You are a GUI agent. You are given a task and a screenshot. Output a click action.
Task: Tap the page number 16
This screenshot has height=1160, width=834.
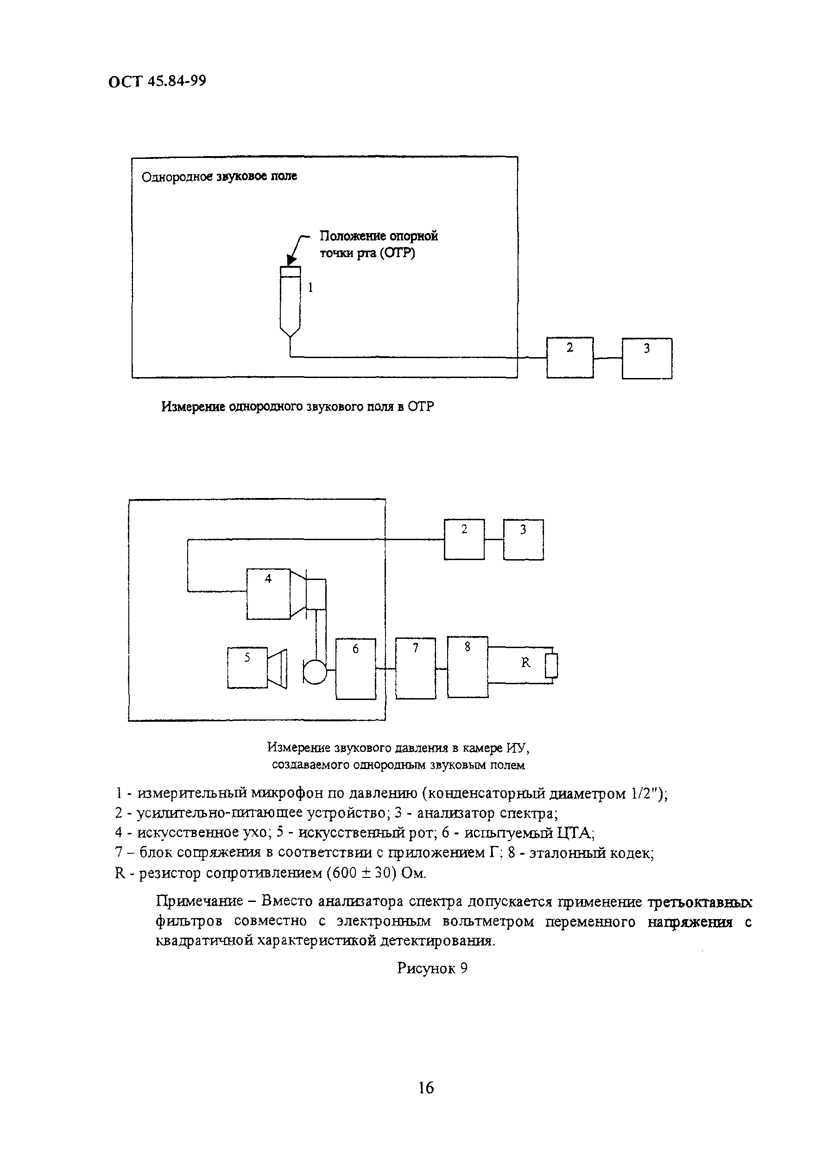click(x=426, y=1088)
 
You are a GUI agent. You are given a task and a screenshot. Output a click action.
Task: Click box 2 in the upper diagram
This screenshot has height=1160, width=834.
click(x=569, y=358)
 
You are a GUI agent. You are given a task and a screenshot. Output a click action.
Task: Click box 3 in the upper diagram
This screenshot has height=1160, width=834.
click(x=647, y=358)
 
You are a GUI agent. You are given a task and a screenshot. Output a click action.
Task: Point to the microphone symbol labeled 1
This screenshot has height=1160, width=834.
click(x=291, y=302)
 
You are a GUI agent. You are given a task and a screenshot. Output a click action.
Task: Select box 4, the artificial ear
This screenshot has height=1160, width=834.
click(x=268, y=593)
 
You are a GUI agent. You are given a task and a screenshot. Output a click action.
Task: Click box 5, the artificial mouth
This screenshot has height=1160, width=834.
click(x=247, y=668)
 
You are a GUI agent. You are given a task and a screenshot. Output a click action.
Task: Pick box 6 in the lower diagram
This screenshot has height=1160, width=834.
click(x=355, y=668)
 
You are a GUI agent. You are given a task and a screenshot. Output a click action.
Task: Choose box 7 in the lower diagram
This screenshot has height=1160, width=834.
click(x=416, y=668)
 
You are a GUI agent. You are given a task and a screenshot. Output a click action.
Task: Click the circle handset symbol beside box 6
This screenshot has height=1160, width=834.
click(x=315, y=671)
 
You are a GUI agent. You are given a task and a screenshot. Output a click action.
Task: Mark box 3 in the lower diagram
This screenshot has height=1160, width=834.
click(x=523, y=540)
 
